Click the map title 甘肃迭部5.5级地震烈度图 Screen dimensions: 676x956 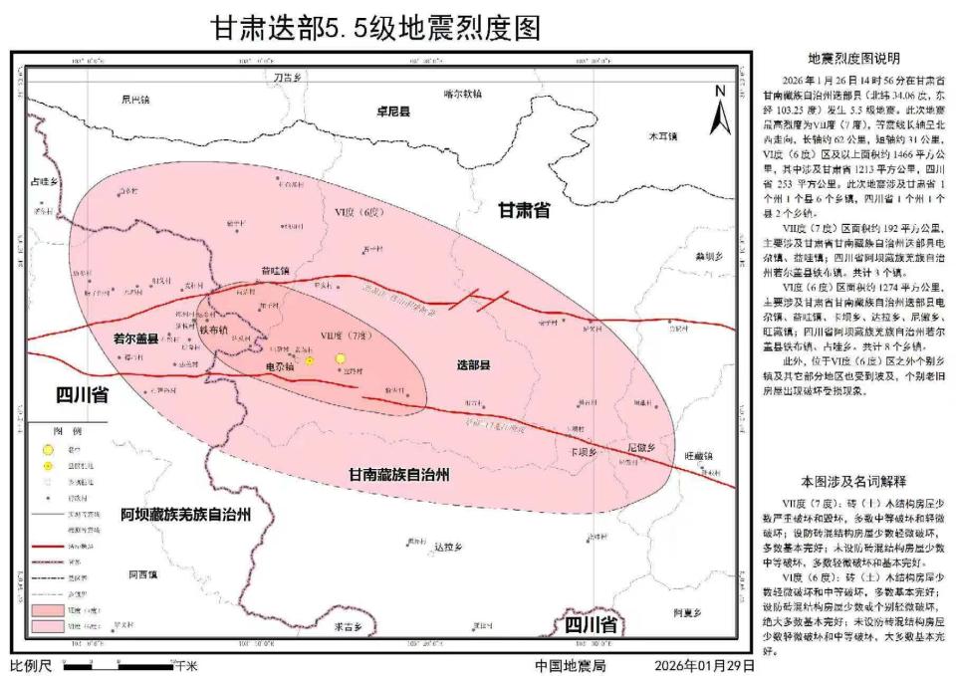pyautogui.click(x=376, y=27)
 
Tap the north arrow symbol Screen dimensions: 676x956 pyautogui.click(x=719, y=110)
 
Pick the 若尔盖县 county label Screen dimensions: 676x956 pyautogui.click(x=139, y=338)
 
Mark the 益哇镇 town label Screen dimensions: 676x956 pyautogui.click(x=274, y=270)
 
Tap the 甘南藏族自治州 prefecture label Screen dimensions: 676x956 pyautogui.click(x=395, y=475)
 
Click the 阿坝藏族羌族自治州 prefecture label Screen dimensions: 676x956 pyautogui.click(x=184, y=515)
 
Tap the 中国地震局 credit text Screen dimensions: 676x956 pyautogui.click(x=570, y=665)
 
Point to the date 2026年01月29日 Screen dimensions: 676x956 pyautogui.click(x=703, y=665)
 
